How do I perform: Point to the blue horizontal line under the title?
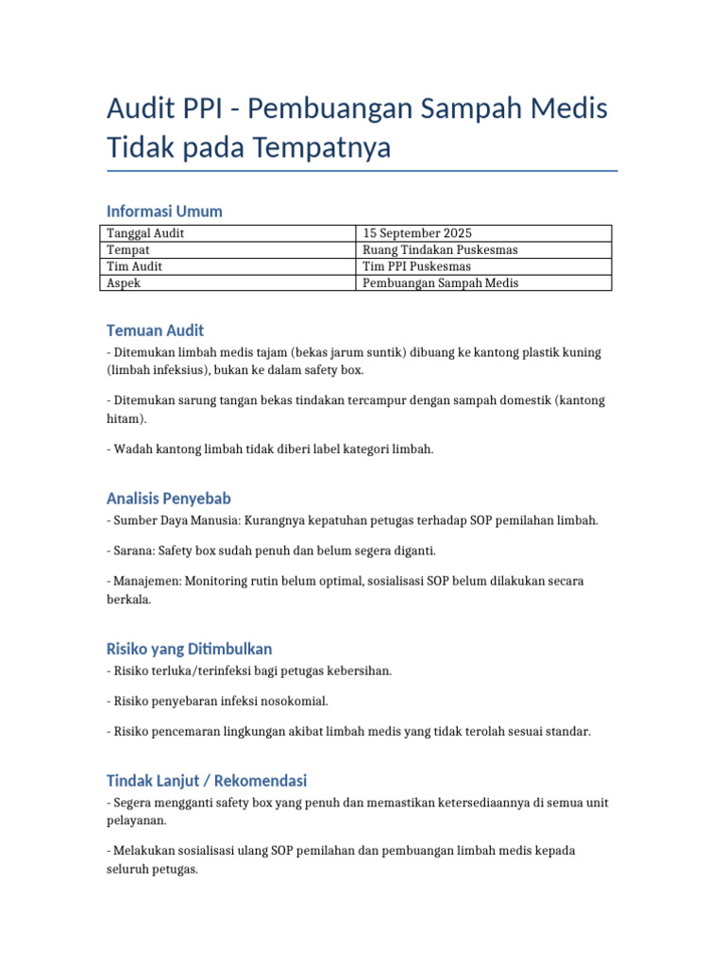click(362, 171)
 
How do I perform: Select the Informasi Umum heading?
click(164, 211)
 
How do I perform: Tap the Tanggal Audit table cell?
click(146, 233)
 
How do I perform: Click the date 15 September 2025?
click(417, 233)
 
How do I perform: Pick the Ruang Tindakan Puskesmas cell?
click(440, 249)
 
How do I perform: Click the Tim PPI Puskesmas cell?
click(416, 266)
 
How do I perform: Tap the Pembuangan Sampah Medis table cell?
click(440, 282)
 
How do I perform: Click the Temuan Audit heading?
click(155, 330)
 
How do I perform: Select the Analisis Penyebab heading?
click(168, 498)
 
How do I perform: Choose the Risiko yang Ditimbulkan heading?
click(189, 649)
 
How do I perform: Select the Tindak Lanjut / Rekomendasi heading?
click(206, 780)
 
